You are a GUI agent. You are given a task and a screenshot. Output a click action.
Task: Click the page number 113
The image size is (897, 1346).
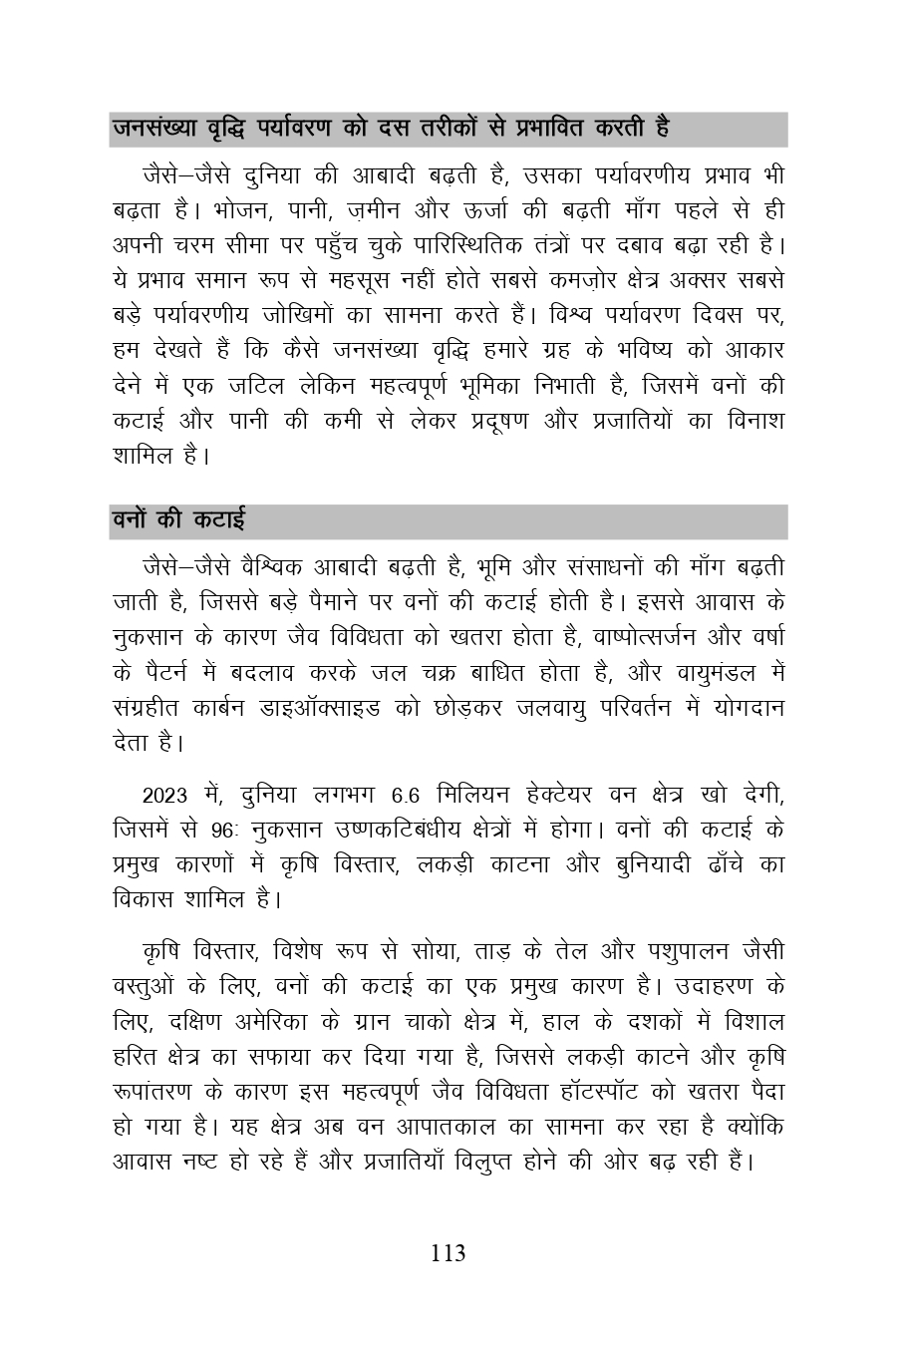(x=448, y=1253)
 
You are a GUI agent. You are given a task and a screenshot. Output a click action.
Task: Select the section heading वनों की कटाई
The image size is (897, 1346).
(x=178, y=519)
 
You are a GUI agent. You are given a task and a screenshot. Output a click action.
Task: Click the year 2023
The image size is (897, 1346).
(x=165, y=796)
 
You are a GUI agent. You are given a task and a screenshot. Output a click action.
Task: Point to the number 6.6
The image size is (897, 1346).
(x=406, y=796)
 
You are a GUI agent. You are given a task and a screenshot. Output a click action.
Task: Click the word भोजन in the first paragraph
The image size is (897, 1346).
(x=232, y=210)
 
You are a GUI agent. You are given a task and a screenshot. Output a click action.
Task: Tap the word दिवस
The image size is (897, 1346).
(x=739, y=316)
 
